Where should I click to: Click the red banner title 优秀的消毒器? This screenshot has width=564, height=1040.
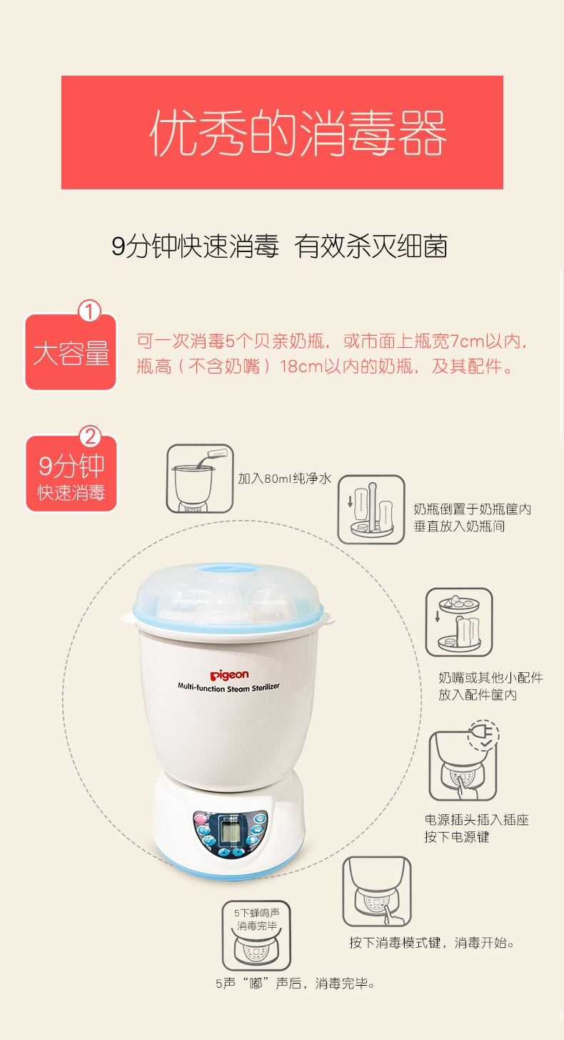[x=298, y=133]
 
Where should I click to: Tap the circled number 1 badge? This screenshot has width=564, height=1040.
[x=89, y=311]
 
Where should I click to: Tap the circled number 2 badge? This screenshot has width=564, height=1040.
[x=90, y=436]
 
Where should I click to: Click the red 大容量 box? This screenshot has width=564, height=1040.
[x=71, y=352]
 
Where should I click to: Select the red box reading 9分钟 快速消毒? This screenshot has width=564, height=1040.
[x=71, y=474]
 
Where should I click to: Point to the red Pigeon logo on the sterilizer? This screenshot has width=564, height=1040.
[x=229, y=675]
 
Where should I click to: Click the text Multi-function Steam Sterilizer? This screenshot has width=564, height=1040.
[x=229, y=687]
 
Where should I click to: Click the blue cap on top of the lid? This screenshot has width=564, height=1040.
[x=228, y=569]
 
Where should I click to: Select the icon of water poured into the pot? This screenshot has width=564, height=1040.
[x=200, y=479]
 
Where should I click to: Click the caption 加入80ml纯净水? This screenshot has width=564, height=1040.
[x=285, y=479]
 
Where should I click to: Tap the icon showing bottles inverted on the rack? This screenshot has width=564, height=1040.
[x=371, y=509]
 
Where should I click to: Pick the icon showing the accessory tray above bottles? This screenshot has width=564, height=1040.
[x=459, y=622]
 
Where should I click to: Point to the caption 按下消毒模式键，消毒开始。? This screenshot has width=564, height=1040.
[x=432, y=943]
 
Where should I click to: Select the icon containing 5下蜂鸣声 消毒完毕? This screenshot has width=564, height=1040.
[x=256, y=936]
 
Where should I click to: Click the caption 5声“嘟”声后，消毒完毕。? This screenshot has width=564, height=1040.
[x=296, y=984]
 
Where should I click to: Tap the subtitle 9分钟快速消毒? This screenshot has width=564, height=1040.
[x=196, y=246]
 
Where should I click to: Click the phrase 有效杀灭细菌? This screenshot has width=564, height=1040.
[x=371, y=246]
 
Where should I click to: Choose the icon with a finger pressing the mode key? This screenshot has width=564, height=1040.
[x=377, y=891]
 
